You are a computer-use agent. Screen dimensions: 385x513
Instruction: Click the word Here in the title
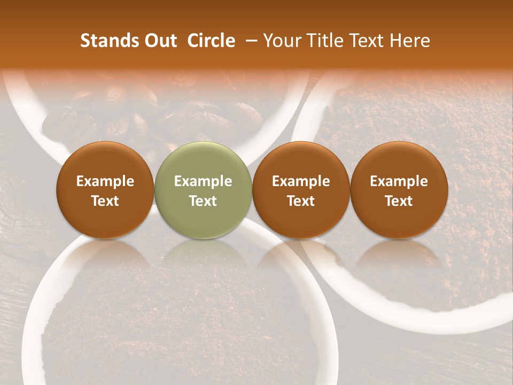(x=411, y=41)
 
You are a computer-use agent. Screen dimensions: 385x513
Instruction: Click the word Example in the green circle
(x=203, y=181)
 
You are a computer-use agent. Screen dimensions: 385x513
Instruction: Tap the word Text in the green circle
(x=203, y=201)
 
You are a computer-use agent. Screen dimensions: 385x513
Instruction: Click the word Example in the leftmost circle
(x=105, y=181)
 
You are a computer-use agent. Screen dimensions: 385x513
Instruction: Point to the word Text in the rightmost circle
(x=399, y=201)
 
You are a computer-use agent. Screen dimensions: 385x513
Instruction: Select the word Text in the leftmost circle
(x=105, y=201)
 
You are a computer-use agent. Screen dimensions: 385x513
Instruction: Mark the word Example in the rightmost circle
(x=399, y=181)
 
